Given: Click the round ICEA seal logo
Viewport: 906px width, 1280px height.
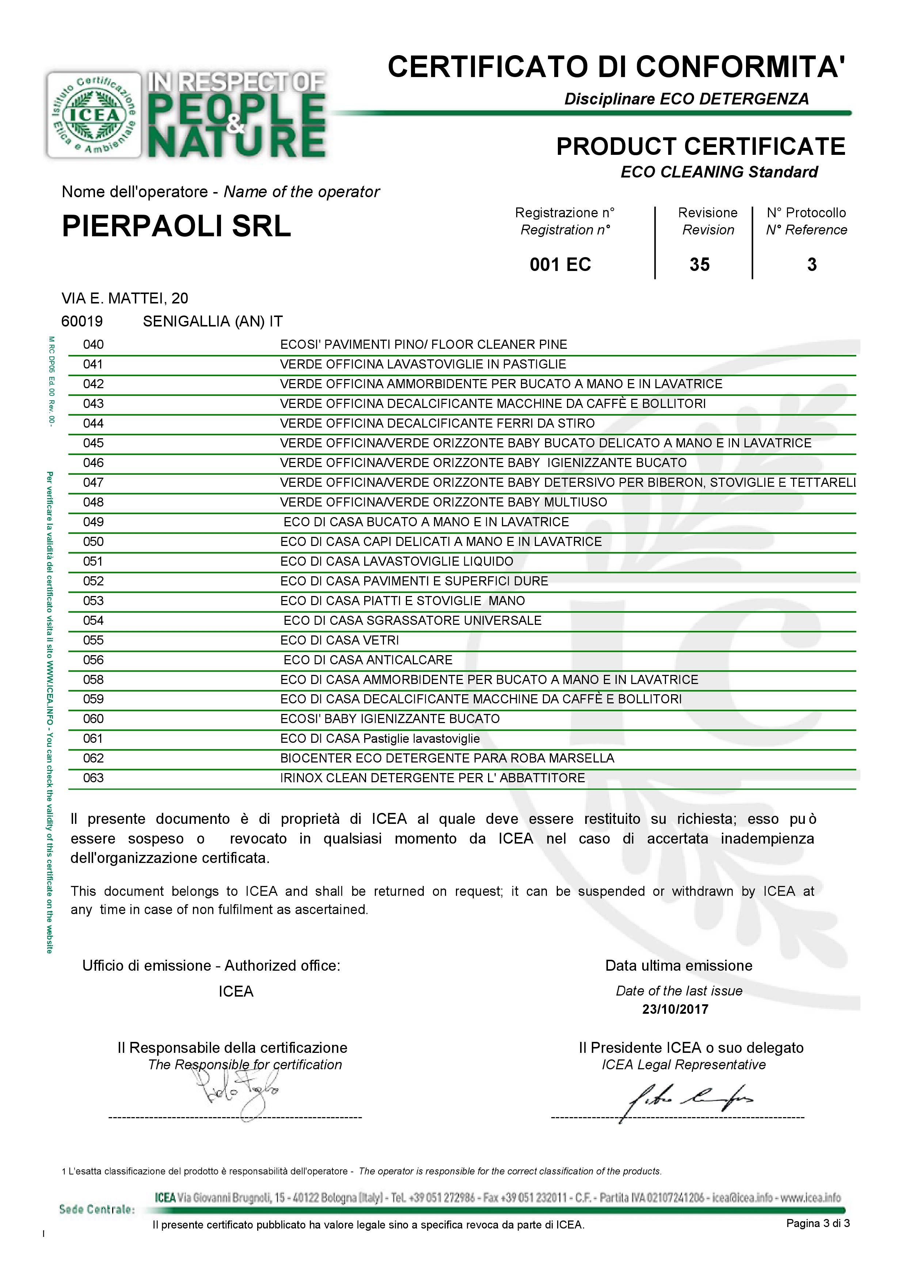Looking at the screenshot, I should (x=94, y=115).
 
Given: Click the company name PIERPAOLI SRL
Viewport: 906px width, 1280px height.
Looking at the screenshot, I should (x=176, y=226).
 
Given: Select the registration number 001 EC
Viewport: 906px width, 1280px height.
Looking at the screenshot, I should (x=560, y=264).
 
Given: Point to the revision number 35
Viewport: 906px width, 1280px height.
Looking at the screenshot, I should (x=700, y=264).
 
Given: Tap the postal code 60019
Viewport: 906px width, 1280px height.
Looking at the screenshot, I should (x=82, y=321).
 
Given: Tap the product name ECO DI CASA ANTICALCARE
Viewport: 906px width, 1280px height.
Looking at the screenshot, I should (x=368, y=660).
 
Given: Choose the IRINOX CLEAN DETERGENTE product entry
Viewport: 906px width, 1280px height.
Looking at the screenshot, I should (x=432, y=778).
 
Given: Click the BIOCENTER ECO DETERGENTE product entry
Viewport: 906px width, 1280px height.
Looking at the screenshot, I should (x=447, y=759).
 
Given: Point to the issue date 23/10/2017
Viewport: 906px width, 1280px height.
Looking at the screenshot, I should (x=675, y=1009).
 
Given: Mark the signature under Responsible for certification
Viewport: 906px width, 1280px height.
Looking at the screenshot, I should (x=237, y=1093).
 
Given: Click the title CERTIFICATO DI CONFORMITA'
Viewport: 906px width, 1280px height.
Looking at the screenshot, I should (x=616, y=67).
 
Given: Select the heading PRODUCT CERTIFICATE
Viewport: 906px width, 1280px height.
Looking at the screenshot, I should (x=701, y=147).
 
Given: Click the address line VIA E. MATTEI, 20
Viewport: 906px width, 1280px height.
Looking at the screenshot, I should (x=125, y=298).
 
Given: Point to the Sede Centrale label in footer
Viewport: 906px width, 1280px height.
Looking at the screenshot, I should (x=96, y=1210).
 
